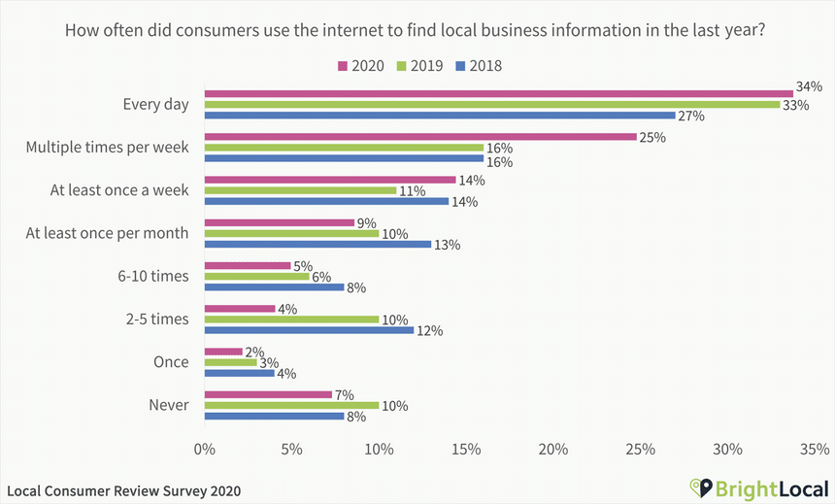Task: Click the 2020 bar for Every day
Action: point(498,94)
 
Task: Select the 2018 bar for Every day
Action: point(439,116)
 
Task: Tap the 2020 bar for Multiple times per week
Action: point(420,137)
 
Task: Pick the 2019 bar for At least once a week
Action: point(300,190)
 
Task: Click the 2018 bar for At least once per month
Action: point(317,244)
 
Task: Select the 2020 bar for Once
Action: point(222,352)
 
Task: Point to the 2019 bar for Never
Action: point(291,405)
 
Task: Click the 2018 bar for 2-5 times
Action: point(309,330)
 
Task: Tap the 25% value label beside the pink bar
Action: point(652,138)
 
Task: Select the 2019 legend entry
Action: point(418,66)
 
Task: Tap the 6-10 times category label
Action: point(154,276)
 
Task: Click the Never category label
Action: point(170,405)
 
